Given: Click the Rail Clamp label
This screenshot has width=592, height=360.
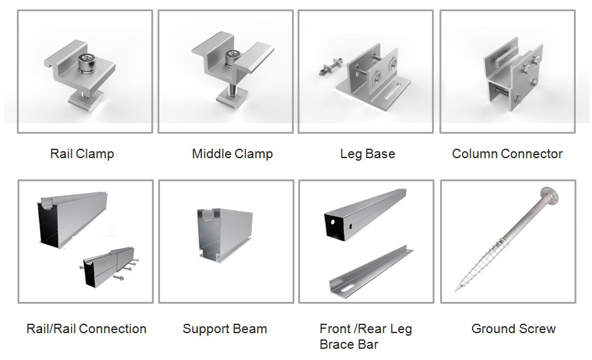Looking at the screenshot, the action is pos(82,154).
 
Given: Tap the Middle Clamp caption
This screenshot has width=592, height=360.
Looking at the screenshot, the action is pos(232,154).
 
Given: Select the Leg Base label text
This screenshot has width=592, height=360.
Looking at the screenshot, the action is pos(368,154).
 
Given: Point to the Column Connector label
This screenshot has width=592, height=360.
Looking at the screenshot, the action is pos(507,154).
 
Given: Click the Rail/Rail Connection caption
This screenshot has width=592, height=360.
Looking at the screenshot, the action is pos(86,329).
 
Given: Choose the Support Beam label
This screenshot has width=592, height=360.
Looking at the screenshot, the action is pos(224,329).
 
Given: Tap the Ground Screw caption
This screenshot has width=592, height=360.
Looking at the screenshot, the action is pos(513,329).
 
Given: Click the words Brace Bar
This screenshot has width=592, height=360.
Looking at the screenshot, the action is pos(348,344).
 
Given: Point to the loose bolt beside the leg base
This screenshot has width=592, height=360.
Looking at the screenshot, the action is pos(330,67).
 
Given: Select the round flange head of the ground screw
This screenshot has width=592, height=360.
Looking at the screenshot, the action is pos(549,196).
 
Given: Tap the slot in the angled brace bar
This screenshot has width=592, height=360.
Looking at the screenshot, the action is pos(346,289).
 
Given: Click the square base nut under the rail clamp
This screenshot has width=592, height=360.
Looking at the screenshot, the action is pos(85,99).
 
